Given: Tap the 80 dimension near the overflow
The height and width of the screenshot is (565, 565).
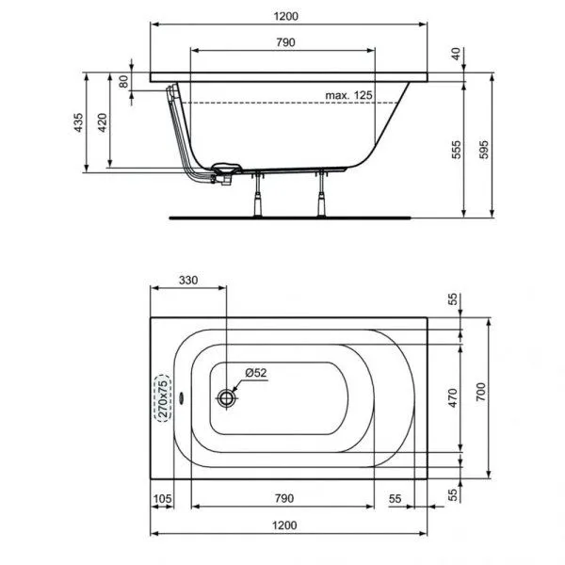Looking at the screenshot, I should pos(123,81).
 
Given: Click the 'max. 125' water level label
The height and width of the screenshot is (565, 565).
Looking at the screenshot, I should pos(347,95).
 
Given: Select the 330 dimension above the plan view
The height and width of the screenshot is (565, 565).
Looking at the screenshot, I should pos(188,281).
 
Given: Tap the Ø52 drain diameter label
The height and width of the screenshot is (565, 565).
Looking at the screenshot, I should pos(256,373).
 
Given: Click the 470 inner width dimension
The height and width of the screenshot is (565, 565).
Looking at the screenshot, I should pos(452,398).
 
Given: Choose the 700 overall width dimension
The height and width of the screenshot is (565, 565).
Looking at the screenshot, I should pos(480,398).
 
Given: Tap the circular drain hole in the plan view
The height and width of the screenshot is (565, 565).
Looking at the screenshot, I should pos(226,398).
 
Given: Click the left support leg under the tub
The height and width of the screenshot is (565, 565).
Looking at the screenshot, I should pos(255,195).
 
